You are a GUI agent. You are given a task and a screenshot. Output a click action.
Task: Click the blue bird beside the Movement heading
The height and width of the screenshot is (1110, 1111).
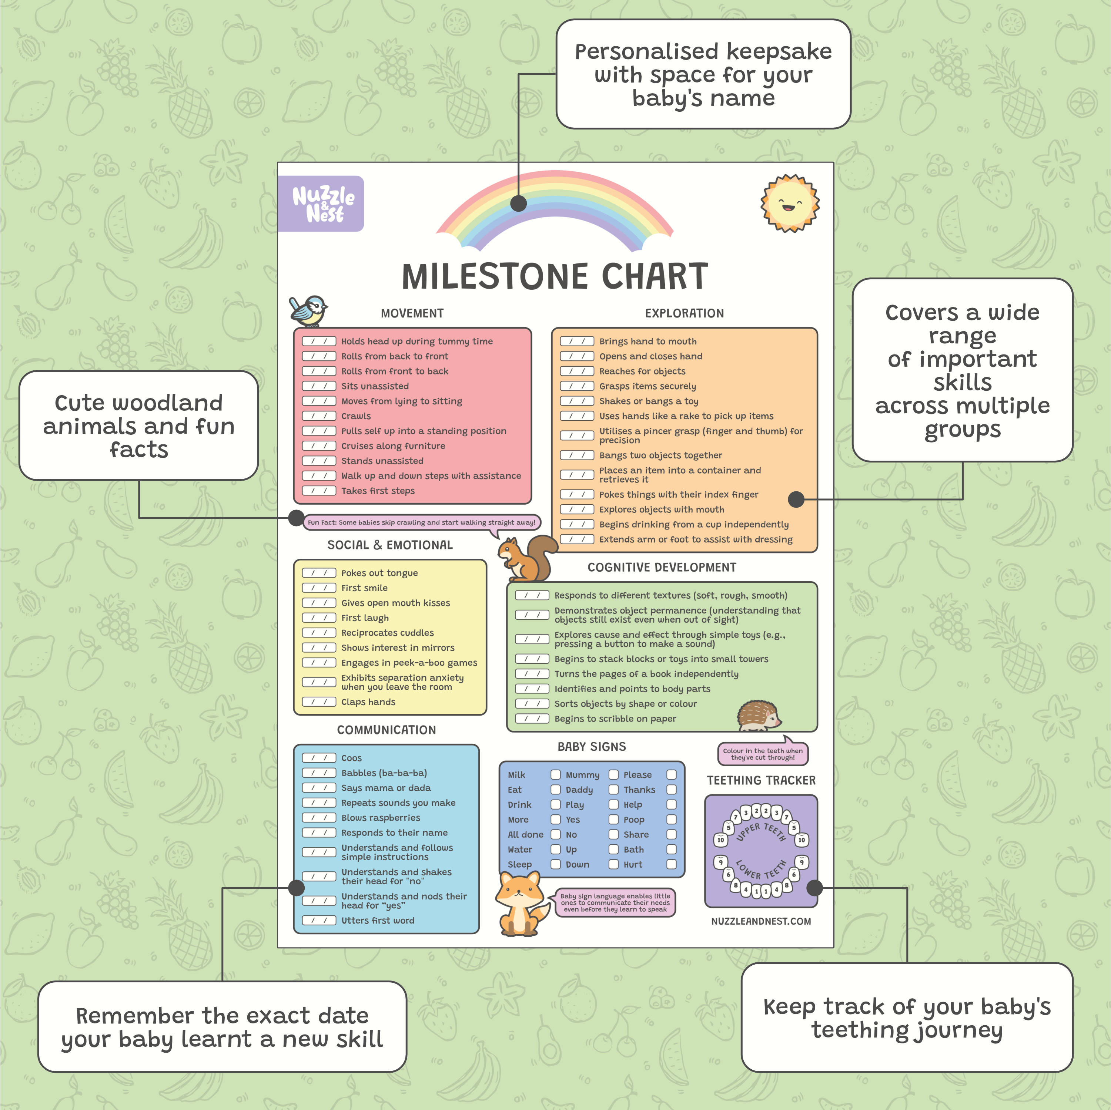click(308, 310)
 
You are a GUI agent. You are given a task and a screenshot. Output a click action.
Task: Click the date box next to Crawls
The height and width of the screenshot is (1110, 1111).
click(319, 416)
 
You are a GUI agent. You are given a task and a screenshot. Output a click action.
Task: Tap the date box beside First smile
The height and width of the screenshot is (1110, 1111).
click(319, 588)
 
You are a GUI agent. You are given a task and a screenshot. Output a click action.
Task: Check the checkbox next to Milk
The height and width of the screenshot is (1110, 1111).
click(555, 774)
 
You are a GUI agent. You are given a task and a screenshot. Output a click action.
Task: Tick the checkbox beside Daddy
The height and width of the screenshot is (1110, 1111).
click(613, 789)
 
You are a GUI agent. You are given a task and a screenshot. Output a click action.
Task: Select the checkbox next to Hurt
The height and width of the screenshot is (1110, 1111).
click(671, 864)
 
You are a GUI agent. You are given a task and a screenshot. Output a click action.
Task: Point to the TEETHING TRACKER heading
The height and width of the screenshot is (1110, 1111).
click(761, 780)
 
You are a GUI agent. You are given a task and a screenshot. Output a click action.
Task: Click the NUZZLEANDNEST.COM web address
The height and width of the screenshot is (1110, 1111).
click(761, 921)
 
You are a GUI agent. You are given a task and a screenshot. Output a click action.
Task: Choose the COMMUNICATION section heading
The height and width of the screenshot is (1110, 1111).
click(386, 730)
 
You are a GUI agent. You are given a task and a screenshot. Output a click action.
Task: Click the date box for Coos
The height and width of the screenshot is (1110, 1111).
click(319, 758)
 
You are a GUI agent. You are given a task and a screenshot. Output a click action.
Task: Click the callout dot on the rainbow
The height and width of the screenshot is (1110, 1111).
click(519, 203)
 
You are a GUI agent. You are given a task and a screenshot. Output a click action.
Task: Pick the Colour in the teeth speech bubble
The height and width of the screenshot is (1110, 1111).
click(763, 754)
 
